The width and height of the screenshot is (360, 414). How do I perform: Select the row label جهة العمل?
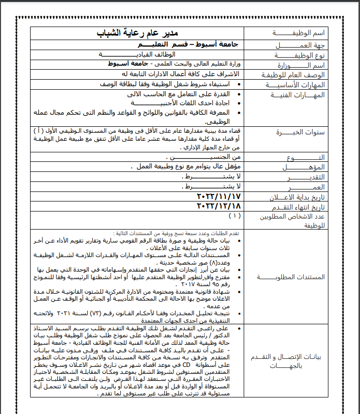[x=300, y=45]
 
